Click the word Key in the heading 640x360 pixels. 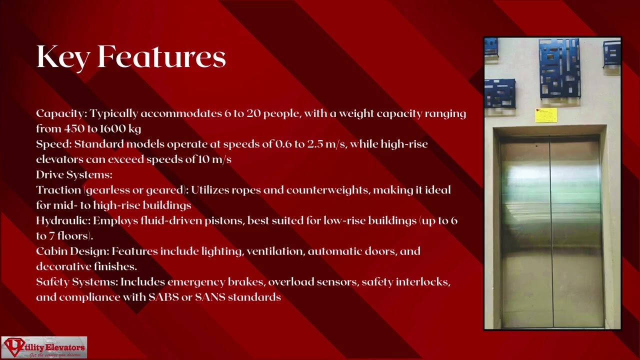pos(63,57)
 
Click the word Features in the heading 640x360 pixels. pos(161,57)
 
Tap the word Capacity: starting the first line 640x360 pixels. pos(61,113)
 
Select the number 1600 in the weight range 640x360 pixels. pos(112,129)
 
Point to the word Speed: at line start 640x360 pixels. pos(54,144)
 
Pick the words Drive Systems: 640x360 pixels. pos(74,174)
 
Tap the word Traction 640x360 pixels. pos(58,190)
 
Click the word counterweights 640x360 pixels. pos(327,190)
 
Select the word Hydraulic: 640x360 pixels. pos(63,220)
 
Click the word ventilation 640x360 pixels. pos(275,251)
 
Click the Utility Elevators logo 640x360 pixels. pos(44,347)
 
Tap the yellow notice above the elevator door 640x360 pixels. pos(546,115)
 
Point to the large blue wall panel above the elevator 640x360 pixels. pos(559,69)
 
